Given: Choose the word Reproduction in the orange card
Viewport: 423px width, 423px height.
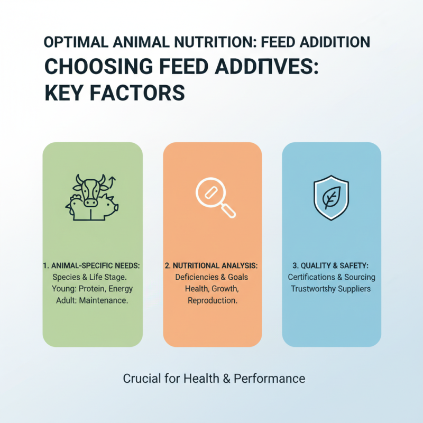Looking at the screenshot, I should pos(212,300).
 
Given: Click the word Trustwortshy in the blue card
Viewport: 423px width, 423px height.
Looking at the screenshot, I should pos(315,289).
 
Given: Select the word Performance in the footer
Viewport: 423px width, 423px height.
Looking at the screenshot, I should pos(271,379).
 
